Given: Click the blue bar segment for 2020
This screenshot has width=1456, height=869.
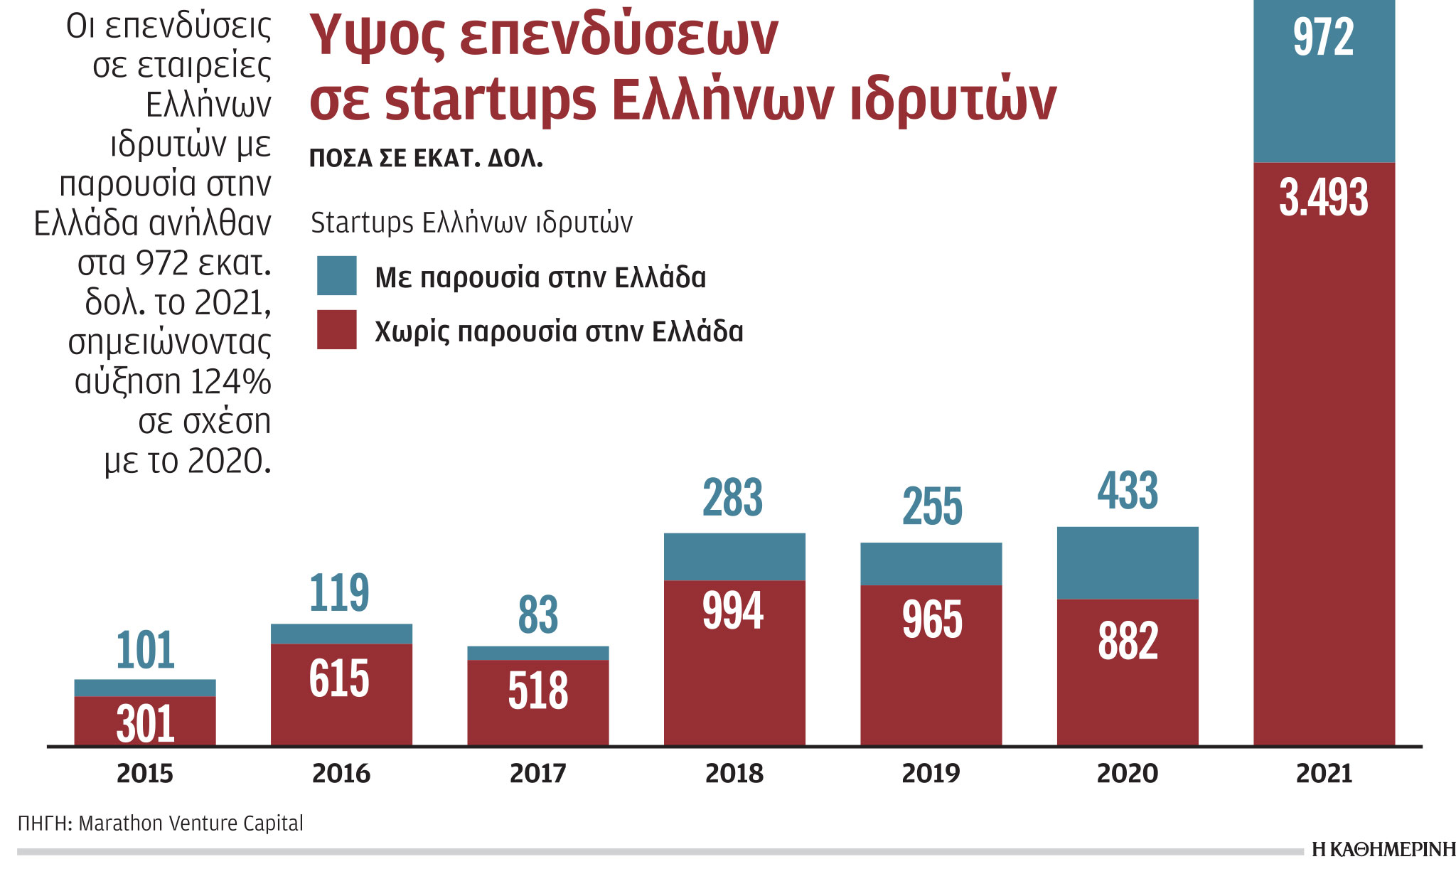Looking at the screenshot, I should click(x=1128, y=563).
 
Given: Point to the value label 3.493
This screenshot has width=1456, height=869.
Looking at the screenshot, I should click(x=1323, y=198).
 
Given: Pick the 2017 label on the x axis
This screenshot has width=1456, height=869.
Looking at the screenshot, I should click(x=537, y=774).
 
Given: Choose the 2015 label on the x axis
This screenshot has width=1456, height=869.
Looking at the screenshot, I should click(x=145, y=774).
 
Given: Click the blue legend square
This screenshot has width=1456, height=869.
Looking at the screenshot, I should click(x=336, y=276).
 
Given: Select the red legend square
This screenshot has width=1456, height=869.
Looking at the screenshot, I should click(x=336, y=330).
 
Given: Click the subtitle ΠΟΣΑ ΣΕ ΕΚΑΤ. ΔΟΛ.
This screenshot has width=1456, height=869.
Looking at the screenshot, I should click(x=426, y=159).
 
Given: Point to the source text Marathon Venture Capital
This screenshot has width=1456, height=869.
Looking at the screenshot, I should click(x=191, y=823).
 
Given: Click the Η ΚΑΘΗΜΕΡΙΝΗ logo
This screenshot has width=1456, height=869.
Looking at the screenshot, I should click(x=1383, y=850).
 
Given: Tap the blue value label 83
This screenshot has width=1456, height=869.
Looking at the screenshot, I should click(x=537, y=615).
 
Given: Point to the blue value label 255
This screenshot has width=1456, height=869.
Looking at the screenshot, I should click(x=932, y=507).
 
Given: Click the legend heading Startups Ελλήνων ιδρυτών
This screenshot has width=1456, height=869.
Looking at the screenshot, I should click(x=471, y=223).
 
